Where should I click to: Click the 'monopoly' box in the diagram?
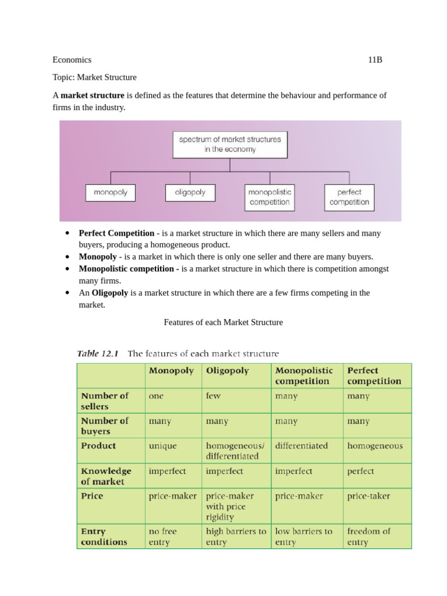111,193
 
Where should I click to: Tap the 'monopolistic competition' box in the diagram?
269,197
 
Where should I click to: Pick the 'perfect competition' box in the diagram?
349,197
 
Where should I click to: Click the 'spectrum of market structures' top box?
230,144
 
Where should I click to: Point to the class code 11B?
375,60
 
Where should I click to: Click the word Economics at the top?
72,60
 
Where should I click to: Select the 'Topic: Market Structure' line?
94,77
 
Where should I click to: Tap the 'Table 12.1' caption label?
98,353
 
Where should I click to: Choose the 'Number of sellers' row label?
104,400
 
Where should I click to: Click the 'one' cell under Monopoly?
157,396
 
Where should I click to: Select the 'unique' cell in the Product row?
163,446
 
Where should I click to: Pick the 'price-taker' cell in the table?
368,496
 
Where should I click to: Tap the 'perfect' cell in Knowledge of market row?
360,471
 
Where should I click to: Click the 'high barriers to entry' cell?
236,536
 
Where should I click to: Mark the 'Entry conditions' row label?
104,536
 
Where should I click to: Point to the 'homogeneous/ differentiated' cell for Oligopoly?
235,451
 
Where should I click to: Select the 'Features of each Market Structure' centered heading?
223,322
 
